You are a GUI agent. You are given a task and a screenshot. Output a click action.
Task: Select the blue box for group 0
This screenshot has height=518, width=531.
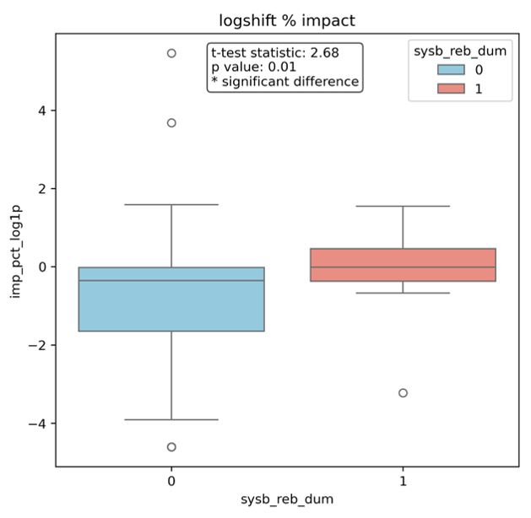coord(171,299)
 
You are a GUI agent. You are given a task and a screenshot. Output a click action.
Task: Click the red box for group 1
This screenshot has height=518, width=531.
coord(403,265)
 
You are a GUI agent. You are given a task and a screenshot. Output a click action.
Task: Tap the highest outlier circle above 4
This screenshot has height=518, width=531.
coord(171,53)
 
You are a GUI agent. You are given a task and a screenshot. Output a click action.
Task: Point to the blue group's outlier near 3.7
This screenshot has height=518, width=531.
coord(171,123)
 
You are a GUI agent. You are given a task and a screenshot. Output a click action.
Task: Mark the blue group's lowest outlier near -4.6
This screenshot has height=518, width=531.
coord(171,447)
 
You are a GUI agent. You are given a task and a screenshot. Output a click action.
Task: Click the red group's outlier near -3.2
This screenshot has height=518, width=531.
coord(403,393)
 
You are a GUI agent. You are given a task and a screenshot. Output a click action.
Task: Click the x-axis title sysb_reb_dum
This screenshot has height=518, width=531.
coord(287,501)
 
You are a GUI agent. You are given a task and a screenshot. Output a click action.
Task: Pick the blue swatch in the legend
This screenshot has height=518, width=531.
coord(452,70)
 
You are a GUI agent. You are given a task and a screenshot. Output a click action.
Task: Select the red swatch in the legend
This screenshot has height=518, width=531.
coord(452,88)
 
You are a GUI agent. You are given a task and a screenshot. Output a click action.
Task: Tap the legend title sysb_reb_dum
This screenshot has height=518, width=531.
coord(460,51)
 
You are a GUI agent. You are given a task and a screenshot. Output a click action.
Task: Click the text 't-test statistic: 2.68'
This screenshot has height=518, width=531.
coord(274,52)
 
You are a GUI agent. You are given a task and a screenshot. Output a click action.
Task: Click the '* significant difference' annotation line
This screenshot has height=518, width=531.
coord(284,82)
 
